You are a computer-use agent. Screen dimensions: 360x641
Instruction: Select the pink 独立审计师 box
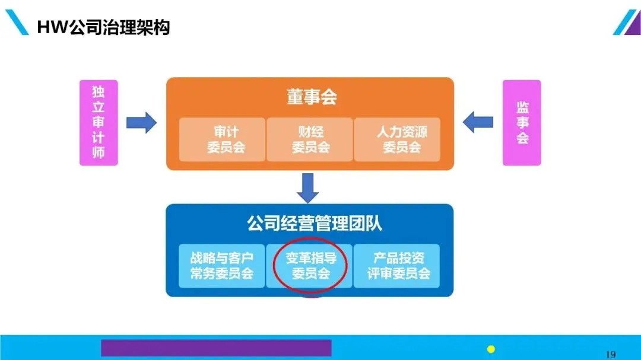pyautogui.click(x=99, y=123)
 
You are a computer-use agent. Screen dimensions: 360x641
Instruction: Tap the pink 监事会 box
pyautogui.click(x=522, y=123)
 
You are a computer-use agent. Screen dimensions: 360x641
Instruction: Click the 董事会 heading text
pyautogui.click(x=312, y=97)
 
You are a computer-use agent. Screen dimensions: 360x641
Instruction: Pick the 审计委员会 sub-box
pyautogui.click(x=222, y=139)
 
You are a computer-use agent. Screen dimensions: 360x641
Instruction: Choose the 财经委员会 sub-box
pyautogui.click(x=310, y=139)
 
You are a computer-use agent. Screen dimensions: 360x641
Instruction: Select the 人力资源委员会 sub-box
pyautogui.click(x=397, y=139)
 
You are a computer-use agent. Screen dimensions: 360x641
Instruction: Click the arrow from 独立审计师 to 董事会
pyautogui.click(x=141, y=123)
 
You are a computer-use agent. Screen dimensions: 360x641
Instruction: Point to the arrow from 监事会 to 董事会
pyautogui.click(x=478, y=123)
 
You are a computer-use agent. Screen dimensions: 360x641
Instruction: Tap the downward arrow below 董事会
pyautogui.click(x=308, y=187)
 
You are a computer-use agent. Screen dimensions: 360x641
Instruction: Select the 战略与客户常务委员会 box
pyautogui.click(x=222, y=266)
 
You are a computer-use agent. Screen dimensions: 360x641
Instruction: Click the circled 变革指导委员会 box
pyautogui.click(x=310, y=266)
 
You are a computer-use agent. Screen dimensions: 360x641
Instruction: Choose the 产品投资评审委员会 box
pyautogui.click(x=397, y=266)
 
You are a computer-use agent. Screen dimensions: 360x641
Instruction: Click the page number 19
pyautogui.click(x=611, y=355)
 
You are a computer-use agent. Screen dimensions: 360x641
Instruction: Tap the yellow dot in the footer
pyautogui.click(x=491, y=349)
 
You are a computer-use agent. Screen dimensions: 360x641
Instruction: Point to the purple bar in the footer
pyautogui.click(x=216, y=348)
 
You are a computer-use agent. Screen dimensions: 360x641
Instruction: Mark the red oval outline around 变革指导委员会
pyautogui.click(x=274, y=266)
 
